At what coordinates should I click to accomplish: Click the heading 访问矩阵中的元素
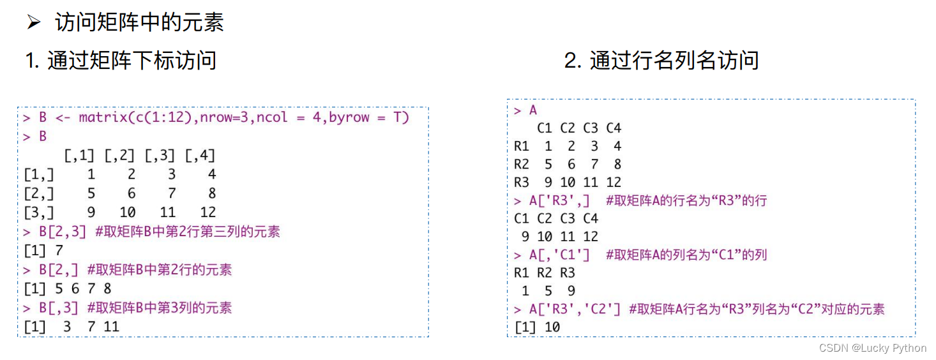[139, 23]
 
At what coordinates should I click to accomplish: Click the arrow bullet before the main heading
[33, 24]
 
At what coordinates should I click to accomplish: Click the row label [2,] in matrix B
[39, 193]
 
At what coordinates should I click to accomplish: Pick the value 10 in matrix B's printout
[127, 212]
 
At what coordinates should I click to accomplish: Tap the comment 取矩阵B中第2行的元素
[160, 269]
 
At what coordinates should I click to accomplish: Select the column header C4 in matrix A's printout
[613, 128]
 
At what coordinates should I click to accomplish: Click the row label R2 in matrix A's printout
[522, 164]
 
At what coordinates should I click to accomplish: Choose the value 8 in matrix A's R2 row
[617, 164]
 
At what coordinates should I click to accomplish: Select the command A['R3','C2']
[575, 310]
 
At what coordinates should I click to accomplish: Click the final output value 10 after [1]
[552, 327]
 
